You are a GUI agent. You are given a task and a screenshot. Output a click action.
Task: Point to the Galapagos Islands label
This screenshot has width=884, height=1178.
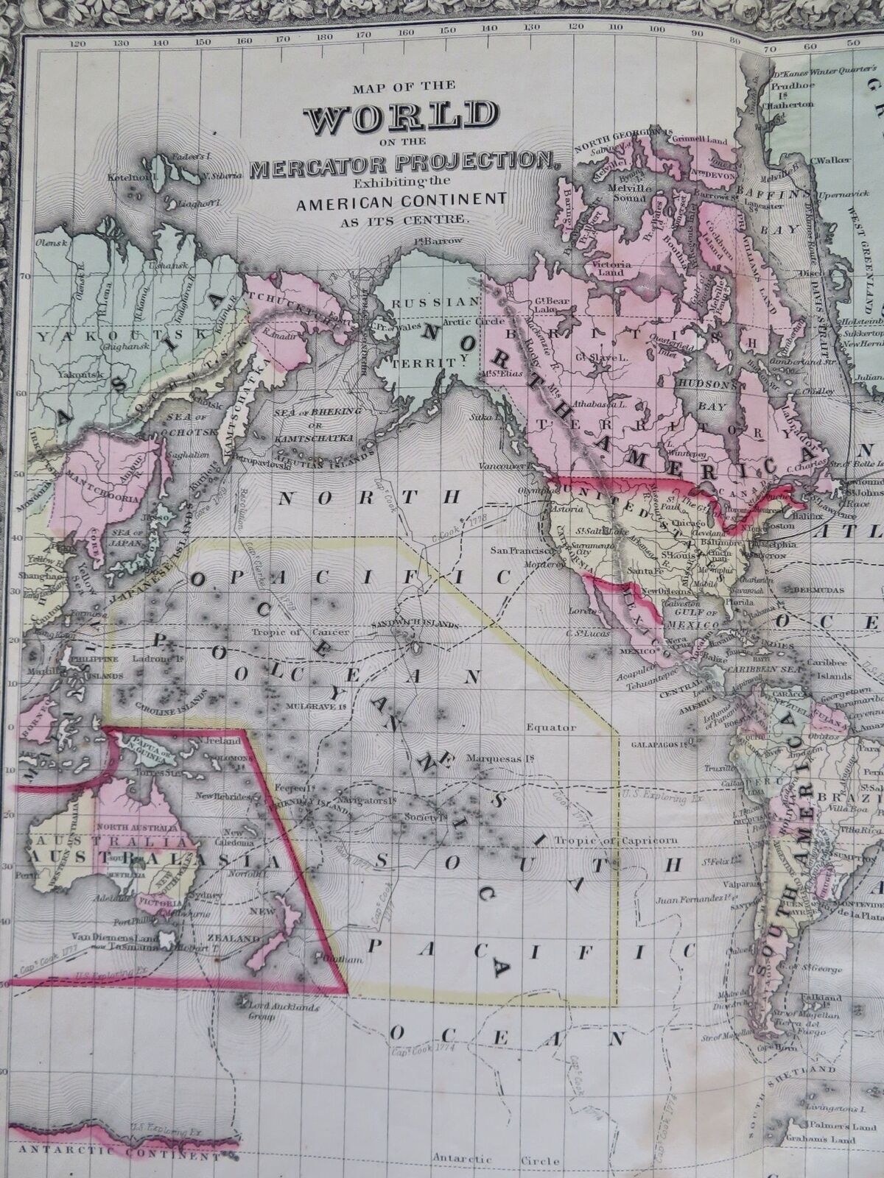(x=659, y=744)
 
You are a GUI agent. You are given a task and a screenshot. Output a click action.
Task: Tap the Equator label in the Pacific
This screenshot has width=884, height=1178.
(x=552, y=727)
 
